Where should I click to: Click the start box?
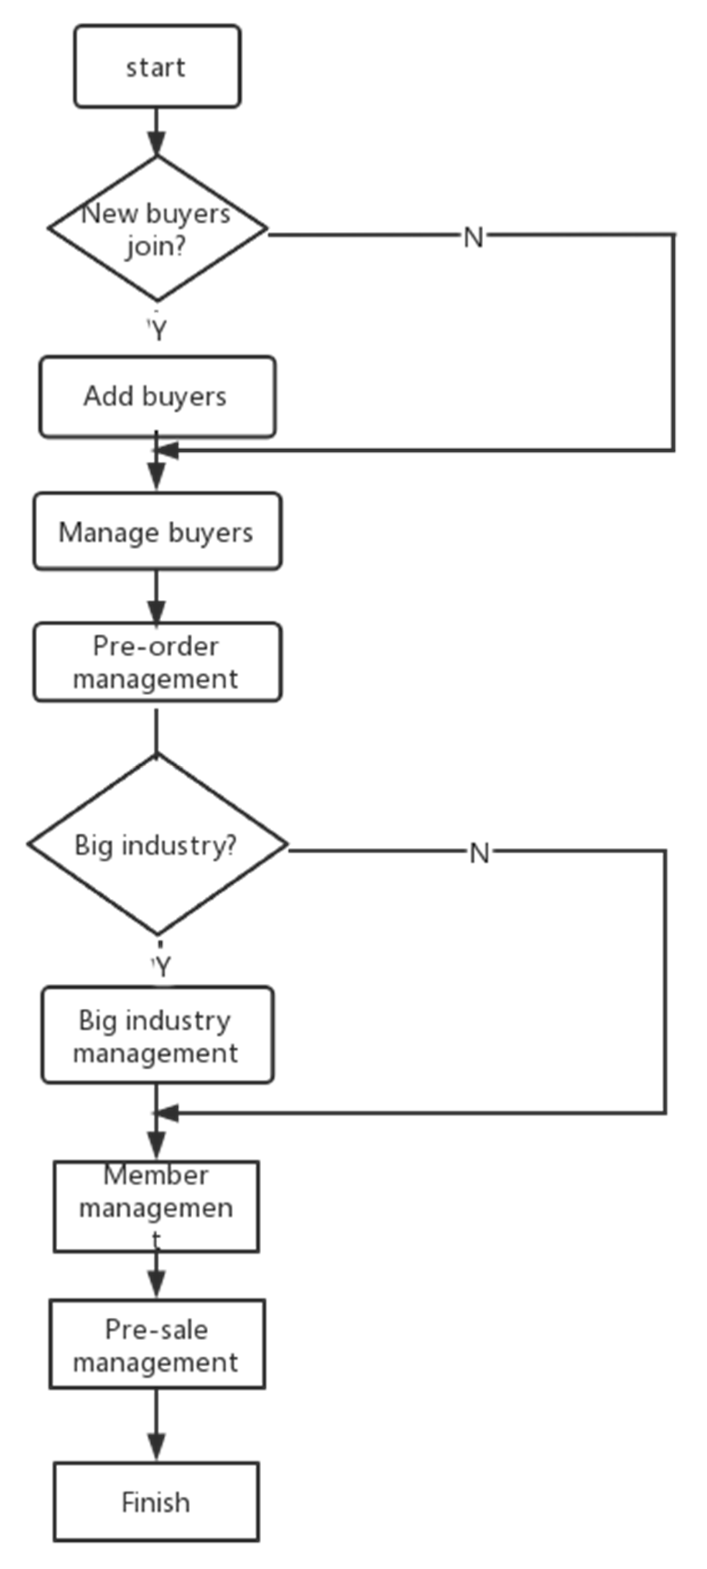(x=157, y=66)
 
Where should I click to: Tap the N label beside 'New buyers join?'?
(x=473, y=237)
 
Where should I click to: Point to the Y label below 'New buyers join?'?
(x=158, y=330)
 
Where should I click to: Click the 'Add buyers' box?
(x=157, y=397)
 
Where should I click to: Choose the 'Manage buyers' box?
(x=157, y=532)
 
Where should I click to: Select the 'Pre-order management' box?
(x=157, y=662)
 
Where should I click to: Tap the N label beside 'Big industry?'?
(x=479, y=853)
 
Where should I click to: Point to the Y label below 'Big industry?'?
(x=161, y=966)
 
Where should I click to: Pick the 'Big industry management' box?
(x=157, y=1036)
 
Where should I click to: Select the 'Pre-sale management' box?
(x=157, y=1345)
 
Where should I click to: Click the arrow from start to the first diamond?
(x=157, y=133)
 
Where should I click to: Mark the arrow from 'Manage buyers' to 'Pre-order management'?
(x=157, y=597)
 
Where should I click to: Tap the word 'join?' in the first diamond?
(x=155, y=247)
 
